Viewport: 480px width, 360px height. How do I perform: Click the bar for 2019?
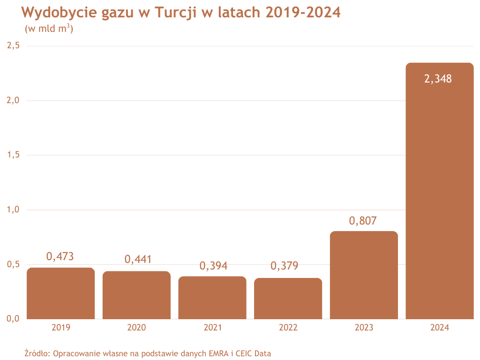[x=61, y=293]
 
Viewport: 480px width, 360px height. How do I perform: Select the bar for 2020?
[x=136, y=295]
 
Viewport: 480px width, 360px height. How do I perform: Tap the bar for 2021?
[x=212, y=298]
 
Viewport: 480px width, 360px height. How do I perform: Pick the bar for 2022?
[x=288, y=299]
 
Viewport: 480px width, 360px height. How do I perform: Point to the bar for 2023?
[x=364, y=275]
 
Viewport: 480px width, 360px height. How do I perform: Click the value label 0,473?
[x=60, y=256]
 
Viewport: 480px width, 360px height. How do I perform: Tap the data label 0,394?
[x=213, y=266]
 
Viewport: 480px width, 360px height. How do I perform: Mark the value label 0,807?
[x=363, y=220]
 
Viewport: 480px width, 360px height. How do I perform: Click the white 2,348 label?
[x=438, y=79]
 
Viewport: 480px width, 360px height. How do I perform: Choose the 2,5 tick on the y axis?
[x=13, y=46]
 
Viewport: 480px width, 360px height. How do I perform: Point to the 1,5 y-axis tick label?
[x=13, y=155]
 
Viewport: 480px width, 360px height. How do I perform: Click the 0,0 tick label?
[x=13, y=319]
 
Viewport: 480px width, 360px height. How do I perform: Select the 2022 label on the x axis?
[x=288, y=328]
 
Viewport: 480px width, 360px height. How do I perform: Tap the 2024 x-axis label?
[x=440, y=328]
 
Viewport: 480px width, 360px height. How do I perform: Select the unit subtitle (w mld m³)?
[x=49, y=29]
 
